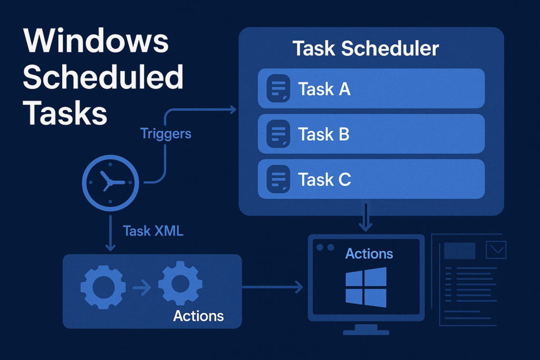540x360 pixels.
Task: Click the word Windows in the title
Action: (96, 41)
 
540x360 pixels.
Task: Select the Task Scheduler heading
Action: (366, 48)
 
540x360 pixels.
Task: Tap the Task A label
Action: (324, 89)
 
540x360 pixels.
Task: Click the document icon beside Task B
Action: (278, 133)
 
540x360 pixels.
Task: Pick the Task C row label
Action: (324, 179)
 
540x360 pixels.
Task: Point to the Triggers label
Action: (166, 133)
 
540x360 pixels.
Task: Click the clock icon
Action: (110, 183)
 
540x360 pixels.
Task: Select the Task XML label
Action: (153, 231)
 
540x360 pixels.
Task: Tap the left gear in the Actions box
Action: (103, 287)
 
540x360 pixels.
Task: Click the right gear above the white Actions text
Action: (180, 283)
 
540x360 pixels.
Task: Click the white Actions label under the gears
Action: (198, 316)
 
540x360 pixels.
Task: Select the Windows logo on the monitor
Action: (366, 287)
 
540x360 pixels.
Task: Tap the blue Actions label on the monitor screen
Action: (369, 254)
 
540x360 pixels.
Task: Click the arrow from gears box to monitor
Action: (273, 287)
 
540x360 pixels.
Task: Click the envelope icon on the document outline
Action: (496, 250)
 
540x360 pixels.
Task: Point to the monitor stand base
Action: (366, 332)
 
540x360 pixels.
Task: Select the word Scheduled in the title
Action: (103, 77)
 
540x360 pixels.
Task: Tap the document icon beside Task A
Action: (278, 89)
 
